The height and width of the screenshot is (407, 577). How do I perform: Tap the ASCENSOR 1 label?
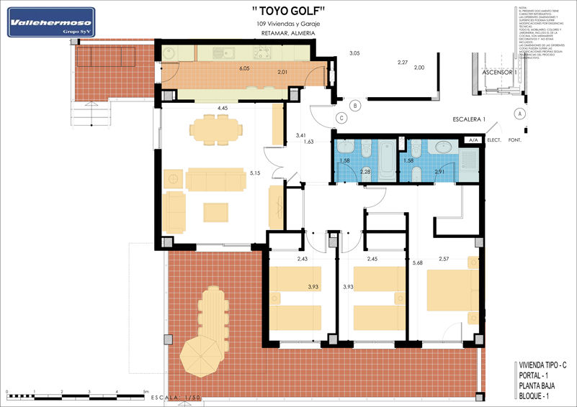point(495,73)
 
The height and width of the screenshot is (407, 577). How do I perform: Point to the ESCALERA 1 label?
point(470,119)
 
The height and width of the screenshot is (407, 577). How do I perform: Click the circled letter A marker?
point(519,113)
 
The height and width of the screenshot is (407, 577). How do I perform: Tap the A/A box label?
point(473,140)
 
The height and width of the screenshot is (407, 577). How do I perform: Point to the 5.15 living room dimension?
point(254,173)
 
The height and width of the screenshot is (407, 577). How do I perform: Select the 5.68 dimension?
point(417,263)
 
